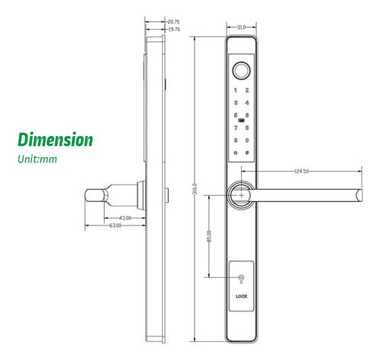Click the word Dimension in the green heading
(x=55, y=140)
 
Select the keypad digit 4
(x=246, y=103)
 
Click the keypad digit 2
(x=246, y=90)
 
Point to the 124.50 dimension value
(x=302, y=172)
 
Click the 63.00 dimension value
(x=116, y=226)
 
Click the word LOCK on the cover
(x=242, y=297)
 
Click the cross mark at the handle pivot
(x=242, y=194)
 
